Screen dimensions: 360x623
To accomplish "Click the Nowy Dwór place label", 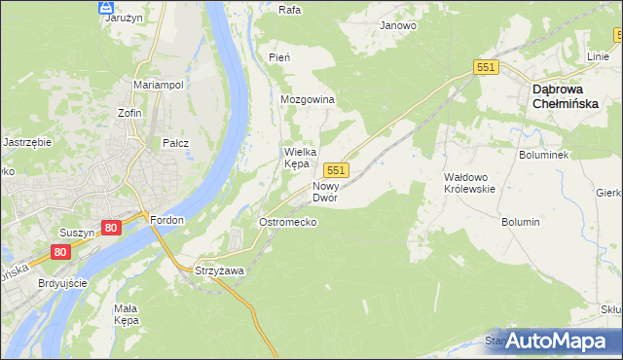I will pos(324,191).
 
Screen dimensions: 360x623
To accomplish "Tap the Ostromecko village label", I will pos(287,222).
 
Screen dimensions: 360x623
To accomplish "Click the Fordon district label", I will pos(167,220).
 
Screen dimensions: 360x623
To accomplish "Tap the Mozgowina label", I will pos(308,100).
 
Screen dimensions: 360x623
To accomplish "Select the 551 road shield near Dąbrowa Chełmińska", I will pos(487,67).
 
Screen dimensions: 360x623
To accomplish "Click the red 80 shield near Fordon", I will pos(111,227).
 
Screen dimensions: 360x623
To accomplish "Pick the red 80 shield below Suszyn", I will pos(62,252).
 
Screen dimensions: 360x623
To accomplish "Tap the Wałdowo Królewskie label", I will pos(470,183).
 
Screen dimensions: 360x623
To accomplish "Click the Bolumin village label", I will pos(521,222).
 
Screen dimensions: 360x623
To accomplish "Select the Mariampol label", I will pos(159,86).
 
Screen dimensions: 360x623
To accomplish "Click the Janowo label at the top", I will pos(398,26).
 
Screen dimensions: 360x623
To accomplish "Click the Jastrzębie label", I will pos(27,141).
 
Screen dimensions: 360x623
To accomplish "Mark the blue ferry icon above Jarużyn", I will pos(106,7).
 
